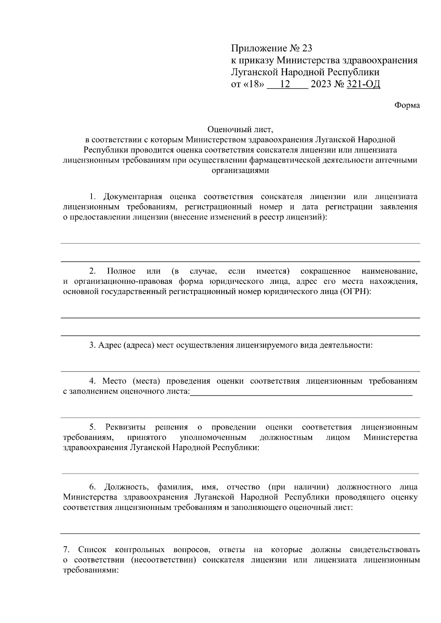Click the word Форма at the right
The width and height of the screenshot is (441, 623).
[407, 105]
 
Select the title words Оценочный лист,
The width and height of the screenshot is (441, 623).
[241, 130]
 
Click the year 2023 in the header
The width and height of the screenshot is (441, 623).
[320, 84]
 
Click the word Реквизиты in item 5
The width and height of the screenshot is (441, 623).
[125, 427]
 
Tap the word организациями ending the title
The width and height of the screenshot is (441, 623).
[240, 171]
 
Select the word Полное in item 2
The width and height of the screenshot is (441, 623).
[121, 271]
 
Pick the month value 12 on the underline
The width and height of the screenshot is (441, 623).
[285, 84]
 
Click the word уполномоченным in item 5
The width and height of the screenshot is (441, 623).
[213, 438]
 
